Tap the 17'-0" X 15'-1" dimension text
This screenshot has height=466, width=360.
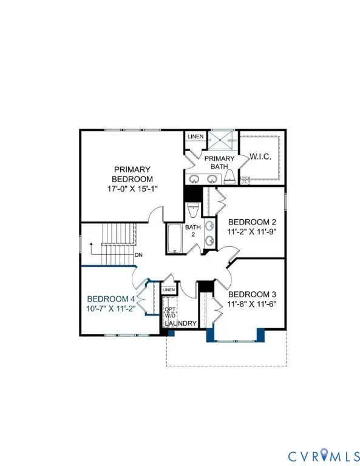pos(132,189)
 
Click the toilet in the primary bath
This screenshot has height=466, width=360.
pos(230,177)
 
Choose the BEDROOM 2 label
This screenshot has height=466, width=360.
pos(248,221)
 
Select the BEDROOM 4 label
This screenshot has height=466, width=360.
pos(110,299)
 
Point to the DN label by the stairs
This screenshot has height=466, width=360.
pos(139,255)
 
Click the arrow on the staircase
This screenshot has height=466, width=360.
pos(91,247)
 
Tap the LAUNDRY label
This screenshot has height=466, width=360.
pos(182,323)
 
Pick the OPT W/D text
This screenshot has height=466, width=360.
pos(170,312)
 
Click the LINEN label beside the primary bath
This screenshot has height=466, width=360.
pos(195,137)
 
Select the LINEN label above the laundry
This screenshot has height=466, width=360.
pos(169,290)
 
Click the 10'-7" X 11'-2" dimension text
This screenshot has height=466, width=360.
pos(110,308)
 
